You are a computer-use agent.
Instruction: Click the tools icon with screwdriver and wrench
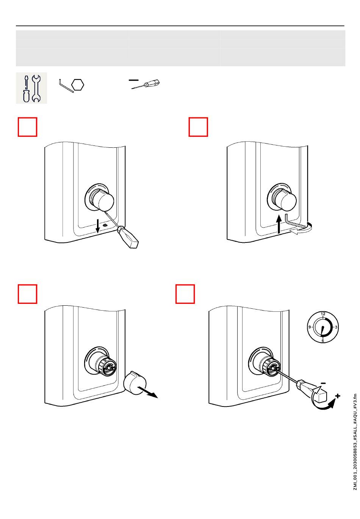[x=31, y=88]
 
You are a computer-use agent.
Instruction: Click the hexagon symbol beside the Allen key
[x=78, y=84]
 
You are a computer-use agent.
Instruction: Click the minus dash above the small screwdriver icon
[x=133, y=80]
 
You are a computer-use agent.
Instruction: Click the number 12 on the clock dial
[x=323, y=314]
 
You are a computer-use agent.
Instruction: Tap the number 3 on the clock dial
[x=336, y=327]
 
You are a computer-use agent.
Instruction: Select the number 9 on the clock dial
[x=310, y=327]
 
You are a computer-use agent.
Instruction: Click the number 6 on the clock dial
[x=323, y=341]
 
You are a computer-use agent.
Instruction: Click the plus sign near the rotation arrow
[x=337, y=396]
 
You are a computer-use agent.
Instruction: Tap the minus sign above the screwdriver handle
[x=323, y=383]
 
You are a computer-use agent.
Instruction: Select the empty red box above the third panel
[x=28, y=294]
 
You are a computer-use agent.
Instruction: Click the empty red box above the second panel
[x=199, y=127]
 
